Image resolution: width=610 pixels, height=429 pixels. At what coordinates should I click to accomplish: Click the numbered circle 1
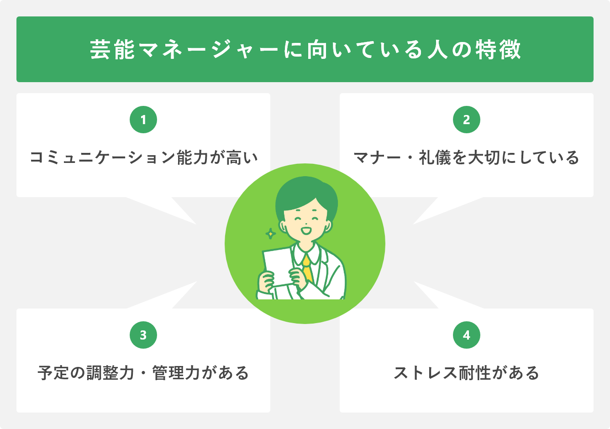(143, 120)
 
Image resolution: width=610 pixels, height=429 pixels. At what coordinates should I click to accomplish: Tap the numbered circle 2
(467, 120)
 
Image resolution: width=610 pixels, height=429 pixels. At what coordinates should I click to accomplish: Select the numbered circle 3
(143, 335)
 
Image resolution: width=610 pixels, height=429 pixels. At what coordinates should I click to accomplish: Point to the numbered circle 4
(467, 335)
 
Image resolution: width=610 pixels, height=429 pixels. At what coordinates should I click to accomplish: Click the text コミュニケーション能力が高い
(143, 157)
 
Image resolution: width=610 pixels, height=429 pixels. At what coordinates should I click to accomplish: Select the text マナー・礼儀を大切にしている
(466, 157)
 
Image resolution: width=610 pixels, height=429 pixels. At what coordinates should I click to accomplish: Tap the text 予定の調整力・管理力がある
(143, 373)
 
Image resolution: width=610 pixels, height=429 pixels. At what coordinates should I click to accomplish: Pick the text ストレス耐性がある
(467, 373)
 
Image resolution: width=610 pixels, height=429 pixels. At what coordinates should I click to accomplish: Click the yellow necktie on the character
(307, 269)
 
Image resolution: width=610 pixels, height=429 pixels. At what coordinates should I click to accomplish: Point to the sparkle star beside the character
(270, 234)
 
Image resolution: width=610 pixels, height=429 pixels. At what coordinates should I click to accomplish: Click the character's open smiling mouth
(306, 231)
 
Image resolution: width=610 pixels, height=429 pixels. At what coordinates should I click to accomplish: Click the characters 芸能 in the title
(112, 49)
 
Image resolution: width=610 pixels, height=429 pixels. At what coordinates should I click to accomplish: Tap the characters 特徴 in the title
(498, 49)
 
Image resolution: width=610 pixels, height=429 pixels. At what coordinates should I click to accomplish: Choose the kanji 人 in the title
(437, 49)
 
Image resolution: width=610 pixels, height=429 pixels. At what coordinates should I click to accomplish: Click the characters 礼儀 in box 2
(435, 157)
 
